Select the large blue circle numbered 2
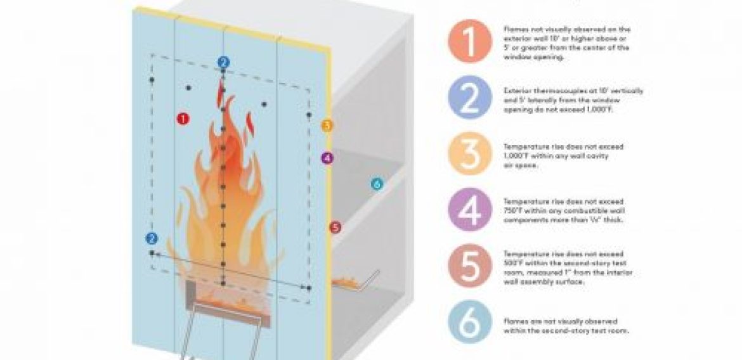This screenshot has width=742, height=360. [469, 100]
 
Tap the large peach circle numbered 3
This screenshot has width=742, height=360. [469, 155]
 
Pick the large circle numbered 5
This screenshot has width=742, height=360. [469, 266]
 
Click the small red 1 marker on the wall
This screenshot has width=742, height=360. [183, 119]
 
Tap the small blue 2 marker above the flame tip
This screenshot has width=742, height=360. [223, 62]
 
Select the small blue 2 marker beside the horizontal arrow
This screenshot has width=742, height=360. [151, 238]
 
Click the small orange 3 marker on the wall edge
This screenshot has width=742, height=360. [327, 125]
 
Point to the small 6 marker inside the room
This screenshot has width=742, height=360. [376, 184]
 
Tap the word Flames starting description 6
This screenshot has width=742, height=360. [513, 321]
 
